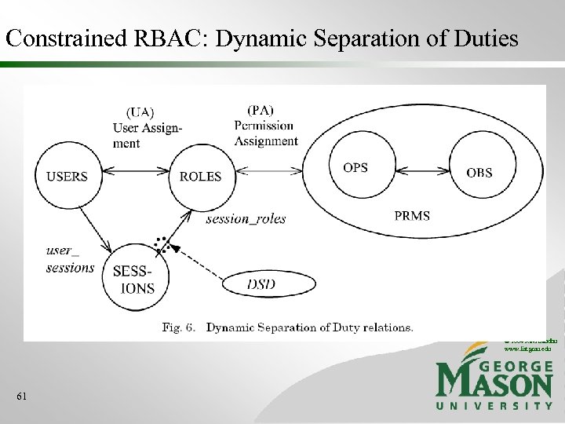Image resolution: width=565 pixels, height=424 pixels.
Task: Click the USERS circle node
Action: click(x=67, y=177)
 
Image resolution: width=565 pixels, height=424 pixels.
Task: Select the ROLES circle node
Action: click(x=200, y=177)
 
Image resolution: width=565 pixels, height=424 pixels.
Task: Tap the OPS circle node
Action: click(x=355, y=168)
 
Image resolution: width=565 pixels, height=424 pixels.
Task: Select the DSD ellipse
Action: click(x=261, y=285)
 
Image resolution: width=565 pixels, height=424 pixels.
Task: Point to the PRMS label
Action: click(x=412, y=216)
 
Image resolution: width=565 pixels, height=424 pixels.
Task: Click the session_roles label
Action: click(x=246, y=219)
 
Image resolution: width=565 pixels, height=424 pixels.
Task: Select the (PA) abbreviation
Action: click(x=261, y=110)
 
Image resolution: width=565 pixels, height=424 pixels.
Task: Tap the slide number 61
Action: click(x=21, y=397)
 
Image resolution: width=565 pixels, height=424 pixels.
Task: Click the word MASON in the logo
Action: click(x=494, y=382)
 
